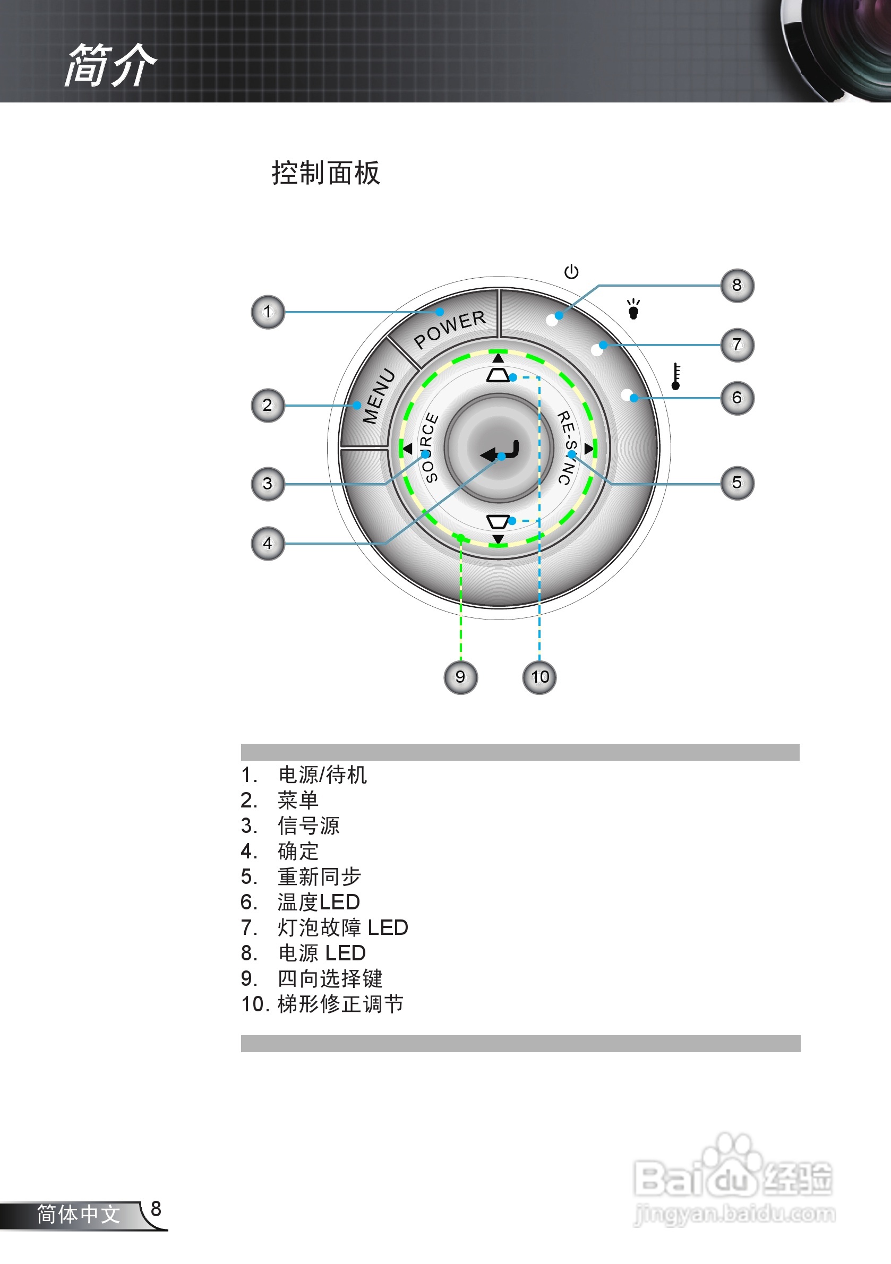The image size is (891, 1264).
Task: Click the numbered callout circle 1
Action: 268,312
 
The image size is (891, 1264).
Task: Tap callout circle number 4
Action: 268,544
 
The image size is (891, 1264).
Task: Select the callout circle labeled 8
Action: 737,285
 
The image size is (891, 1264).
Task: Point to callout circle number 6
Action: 737,398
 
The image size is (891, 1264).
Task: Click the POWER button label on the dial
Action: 449,329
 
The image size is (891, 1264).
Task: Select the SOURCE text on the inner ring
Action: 429,447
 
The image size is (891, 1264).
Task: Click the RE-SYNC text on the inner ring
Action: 567,447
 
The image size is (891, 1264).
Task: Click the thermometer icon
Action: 676,376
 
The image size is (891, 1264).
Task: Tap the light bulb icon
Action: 633,309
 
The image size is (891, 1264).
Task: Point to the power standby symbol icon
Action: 571,271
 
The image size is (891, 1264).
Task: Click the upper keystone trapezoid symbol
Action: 498,375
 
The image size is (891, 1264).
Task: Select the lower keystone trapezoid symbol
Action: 498,521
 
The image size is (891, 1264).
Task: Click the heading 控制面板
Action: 325,173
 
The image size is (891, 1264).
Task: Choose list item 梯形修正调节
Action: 340,1004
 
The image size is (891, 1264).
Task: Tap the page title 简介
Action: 110,65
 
